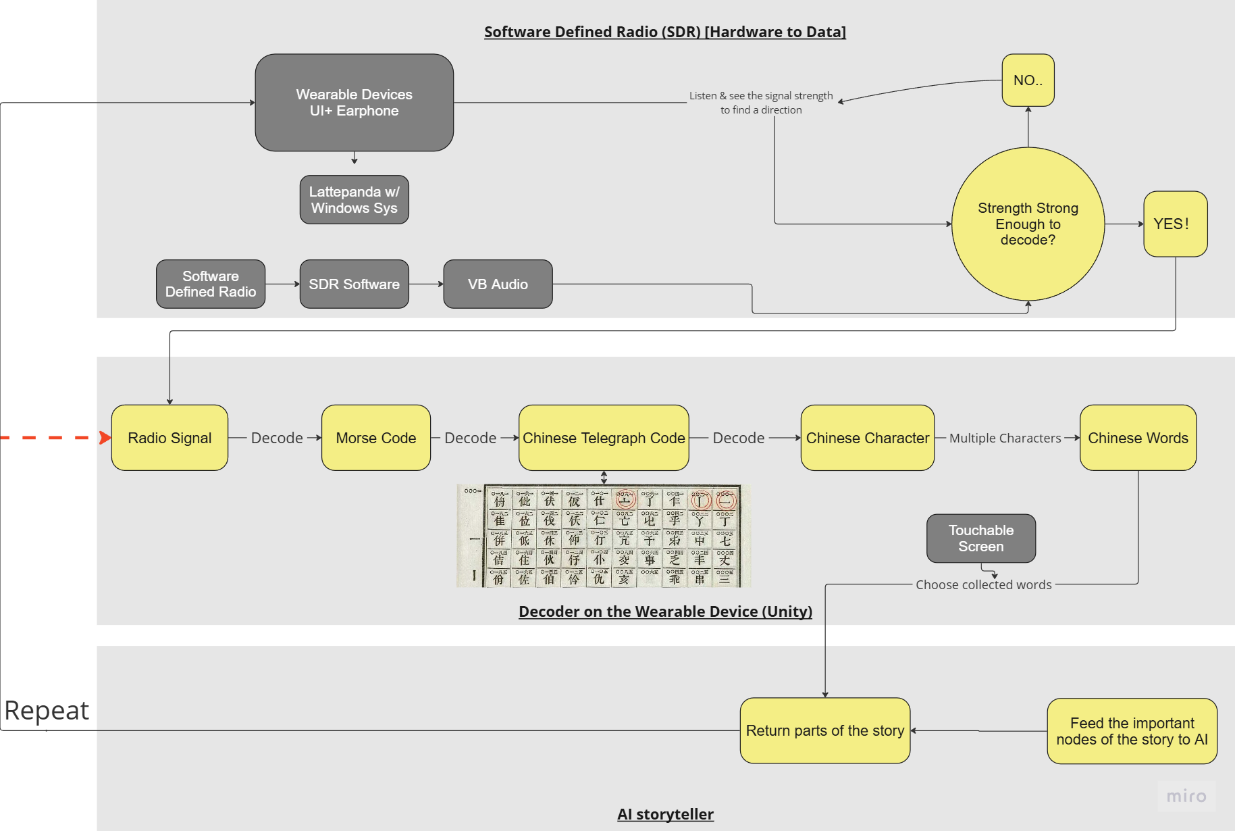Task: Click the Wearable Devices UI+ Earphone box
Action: pos(354,103)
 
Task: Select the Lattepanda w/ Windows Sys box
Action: pos(354,200)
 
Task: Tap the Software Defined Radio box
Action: pos(211,284)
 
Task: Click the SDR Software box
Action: pos(354,284)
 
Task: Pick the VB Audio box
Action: pos(498,284)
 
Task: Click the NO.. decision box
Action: pos(1028,80)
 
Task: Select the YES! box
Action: pos(1175,224)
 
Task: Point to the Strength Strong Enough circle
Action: pos(1028,224)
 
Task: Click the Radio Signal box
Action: pos(169,438)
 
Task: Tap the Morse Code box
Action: pos(376,438)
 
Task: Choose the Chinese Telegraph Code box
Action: pos(604,438)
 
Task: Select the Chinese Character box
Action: pos(868,438)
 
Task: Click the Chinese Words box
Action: pos(1138,438)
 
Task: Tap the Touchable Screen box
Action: pos(981,538)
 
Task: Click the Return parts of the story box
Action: pos(825,730)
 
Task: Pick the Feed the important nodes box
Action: pos(1132,731)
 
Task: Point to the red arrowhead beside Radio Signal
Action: pos(105,438)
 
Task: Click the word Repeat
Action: pos(47,711)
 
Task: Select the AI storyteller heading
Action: pos(665,814)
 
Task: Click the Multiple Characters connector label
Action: pos(1005,438)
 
